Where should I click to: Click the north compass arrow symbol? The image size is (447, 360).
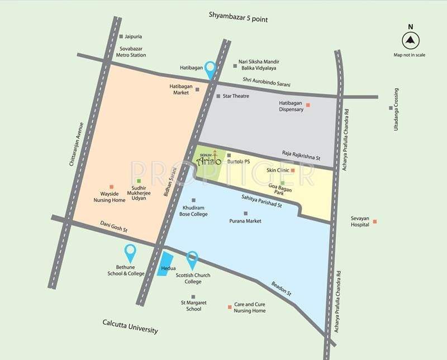click(410, 41)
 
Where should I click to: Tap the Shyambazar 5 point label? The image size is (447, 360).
click(239, 20)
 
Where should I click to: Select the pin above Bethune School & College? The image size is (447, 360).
click(130, 253)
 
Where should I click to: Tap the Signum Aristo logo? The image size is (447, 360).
click(208, 160)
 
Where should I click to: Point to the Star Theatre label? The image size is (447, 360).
click(235, 96)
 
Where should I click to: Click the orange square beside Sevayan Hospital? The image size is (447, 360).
click(375, 221)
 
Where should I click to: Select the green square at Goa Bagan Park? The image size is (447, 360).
click(283, 183)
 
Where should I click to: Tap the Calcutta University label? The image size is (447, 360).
click(130, 326)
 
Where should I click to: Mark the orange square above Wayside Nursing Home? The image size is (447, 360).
click(111, 186)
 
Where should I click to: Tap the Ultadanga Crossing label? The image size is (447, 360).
click(396, 110)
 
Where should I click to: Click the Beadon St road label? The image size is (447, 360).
click(282, 288)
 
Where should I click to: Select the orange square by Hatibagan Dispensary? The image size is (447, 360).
click(307, 105)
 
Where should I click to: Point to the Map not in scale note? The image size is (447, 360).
click(410, 55)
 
